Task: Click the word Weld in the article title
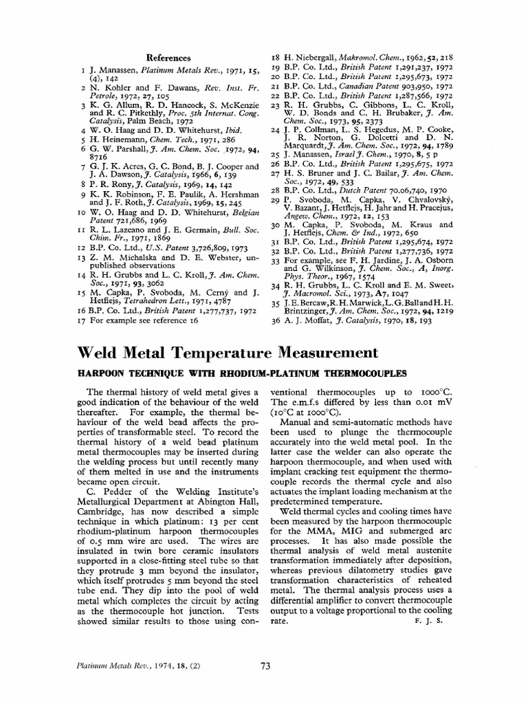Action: tap(100, 353)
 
